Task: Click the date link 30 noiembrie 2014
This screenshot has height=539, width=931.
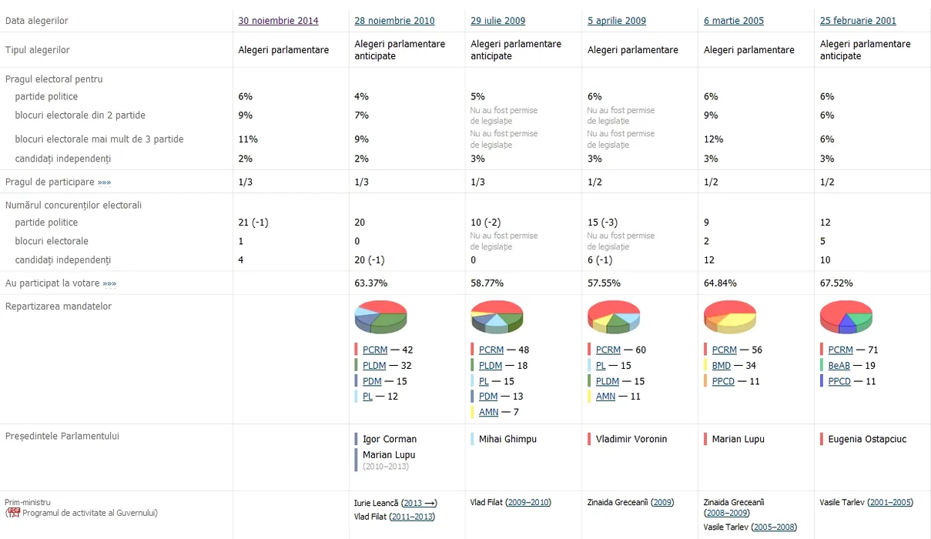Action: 278,21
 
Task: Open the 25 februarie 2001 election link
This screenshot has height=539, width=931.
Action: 858,21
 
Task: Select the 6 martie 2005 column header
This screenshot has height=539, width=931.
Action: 733,21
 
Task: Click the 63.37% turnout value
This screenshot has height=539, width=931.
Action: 370,283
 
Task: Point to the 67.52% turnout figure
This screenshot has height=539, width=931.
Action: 836,283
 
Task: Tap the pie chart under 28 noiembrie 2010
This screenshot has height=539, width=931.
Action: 380,317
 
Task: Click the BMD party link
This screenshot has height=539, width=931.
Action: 722,366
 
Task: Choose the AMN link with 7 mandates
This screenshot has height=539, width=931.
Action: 488,413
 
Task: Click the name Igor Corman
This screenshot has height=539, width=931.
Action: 390,439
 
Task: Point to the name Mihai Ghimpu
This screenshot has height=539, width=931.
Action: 507,439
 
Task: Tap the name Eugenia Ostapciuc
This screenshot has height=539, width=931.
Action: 867,439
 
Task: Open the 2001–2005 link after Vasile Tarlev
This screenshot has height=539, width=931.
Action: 889,503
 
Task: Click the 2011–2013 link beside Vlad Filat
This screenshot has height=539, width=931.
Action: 412,517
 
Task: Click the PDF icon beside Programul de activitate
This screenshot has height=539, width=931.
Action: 13,512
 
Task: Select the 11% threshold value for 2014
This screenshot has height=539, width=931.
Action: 248,139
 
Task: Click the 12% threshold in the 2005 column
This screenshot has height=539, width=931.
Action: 713,139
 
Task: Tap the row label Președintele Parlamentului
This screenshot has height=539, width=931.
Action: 62,436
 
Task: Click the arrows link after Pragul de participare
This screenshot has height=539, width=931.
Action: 104,182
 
